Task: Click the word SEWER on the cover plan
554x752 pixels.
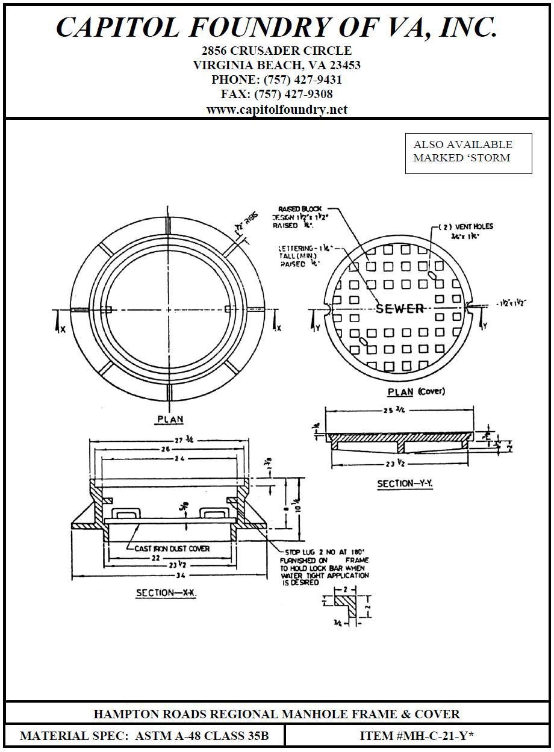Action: tap(400, 309)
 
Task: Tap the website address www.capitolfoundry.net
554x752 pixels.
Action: tap(277, 110)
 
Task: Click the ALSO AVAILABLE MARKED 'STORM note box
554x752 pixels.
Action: tap(468, 153)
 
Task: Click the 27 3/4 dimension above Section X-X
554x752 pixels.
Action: tap(170, 440)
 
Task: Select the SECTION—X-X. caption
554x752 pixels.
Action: tap(167, 593)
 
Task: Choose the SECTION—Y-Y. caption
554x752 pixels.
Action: tap(405, 483)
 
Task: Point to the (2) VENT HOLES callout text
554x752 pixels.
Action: tap(465, 226)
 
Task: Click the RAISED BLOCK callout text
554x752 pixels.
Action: tap(299, 209)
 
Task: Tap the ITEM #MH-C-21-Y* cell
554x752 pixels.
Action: tap(417, 736)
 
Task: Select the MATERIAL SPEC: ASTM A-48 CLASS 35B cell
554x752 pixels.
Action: tap(145, 736)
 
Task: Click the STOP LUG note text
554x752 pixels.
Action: tap(325, 567)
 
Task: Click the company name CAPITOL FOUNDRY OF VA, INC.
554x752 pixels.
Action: tap(277, 27)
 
